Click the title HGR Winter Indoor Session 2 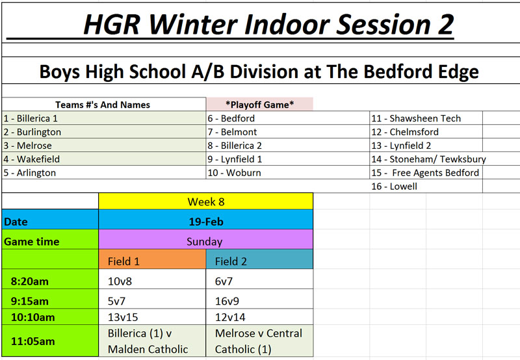click(x=268, y=24)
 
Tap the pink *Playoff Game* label click(x=259, y=105)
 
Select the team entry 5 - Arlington click(x=29, y=173)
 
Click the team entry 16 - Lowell click(x=394, y=186)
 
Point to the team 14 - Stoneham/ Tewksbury click(x=428, y=159)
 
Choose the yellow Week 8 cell click(x=205, y=201)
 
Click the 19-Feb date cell click(x=205, y=222)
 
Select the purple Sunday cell click(x=205, y=241)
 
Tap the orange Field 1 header click(x=152, y=261)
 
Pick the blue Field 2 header click(x=259, y=261)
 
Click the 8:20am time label click(x=29, y=281)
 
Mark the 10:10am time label click(x=33, y=317)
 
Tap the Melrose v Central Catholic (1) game click(x=259, y=341)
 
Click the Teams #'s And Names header click(x=103, y=105)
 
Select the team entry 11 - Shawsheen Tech click(x=416, y=118)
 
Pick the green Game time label click(x=31, y=242)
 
